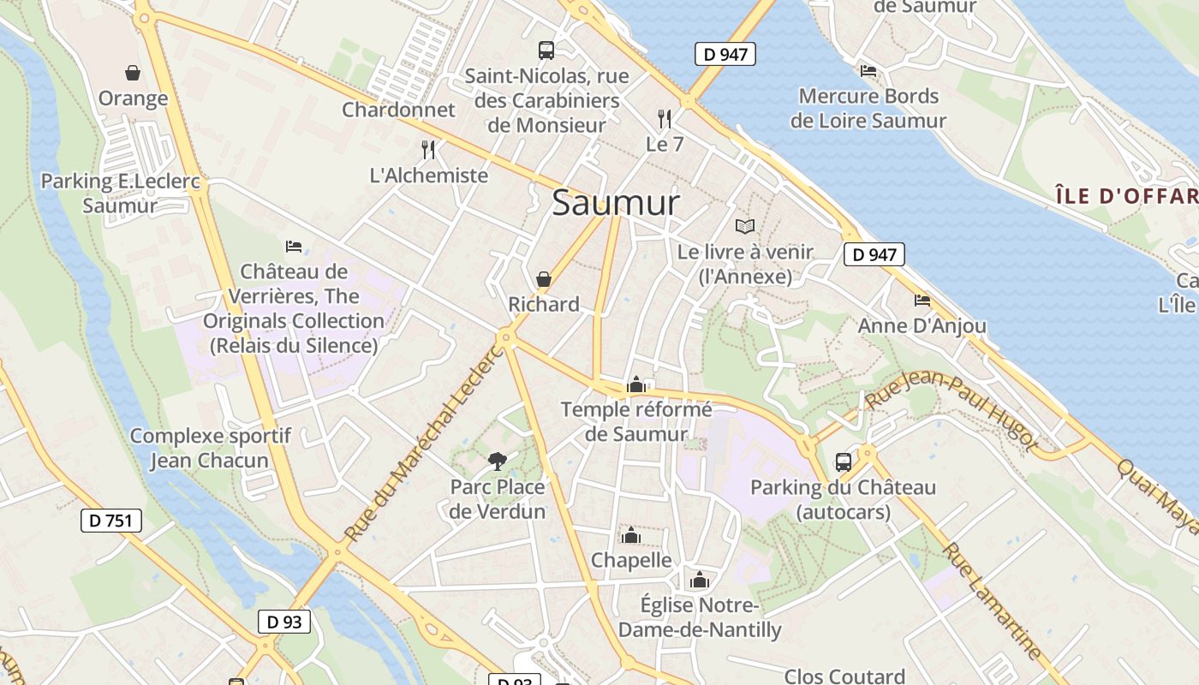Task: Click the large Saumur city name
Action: [x=616, y=203]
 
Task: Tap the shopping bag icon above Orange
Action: [x=133, y=73]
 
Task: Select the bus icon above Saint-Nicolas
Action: [x=546, y=50]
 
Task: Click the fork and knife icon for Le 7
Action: [x=665, y=118]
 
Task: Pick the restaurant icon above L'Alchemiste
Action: [x=428, y=150]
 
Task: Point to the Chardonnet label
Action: [x=398, y=110]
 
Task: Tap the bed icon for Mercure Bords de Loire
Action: [x=868, y=70]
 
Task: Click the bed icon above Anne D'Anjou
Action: [x=922, y=300]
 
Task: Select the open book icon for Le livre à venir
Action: [x=745, y=226]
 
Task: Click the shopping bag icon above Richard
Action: [x=543, y=279]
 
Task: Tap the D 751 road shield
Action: [x=111, y=520]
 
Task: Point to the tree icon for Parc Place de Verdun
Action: [x=497, y=462]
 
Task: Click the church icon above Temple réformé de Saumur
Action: [x=635, y=384]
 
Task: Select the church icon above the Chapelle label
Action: [x=631, y=535]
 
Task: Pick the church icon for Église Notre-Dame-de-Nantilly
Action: [x=700, y=580]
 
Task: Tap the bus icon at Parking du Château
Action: [x=843, y=462]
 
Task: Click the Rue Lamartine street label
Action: [x=993, y=602]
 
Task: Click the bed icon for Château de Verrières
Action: [x=294, y=247]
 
